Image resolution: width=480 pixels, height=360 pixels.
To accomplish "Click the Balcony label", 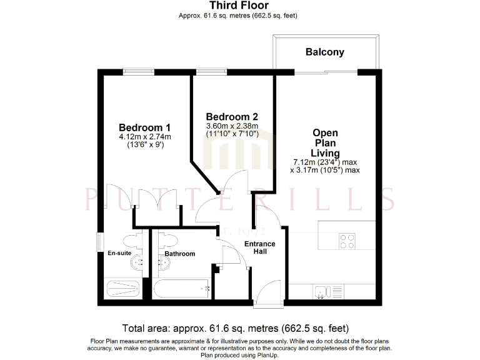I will click(x=324, y=52).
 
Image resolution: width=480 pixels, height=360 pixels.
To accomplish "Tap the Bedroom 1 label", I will click(x=144, y=124).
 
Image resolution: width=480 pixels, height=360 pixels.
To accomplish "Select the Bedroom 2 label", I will click(x=232, y=117).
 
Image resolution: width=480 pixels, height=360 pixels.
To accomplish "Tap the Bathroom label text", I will click(x=180, y=254).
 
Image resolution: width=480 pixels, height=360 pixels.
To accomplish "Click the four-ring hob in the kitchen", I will click(x=347, y=241).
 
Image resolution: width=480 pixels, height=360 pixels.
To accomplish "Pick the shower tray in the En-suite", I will click(x=123, y=289).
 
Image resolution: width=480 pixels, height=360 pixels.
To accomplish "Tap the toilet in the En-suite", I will click(x=130, y=240).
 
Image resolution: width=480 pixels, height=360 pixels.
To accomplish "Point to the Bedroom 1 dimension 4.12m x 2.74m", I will click(x=144, y=137).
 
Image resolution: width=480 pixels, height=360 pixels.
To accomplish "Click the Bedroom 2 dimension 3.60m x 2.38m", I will click(x=232, y=126).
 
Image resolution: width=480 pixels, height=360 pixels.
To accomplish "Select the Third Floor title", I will click(x=239, y=6).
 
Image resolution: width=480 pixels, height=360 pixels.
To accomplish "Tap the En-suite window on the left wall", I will click(x=99, y=241).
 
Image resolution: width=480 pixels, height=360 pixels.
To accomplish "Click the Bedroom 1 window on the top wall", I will click(x=138, y=71).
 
